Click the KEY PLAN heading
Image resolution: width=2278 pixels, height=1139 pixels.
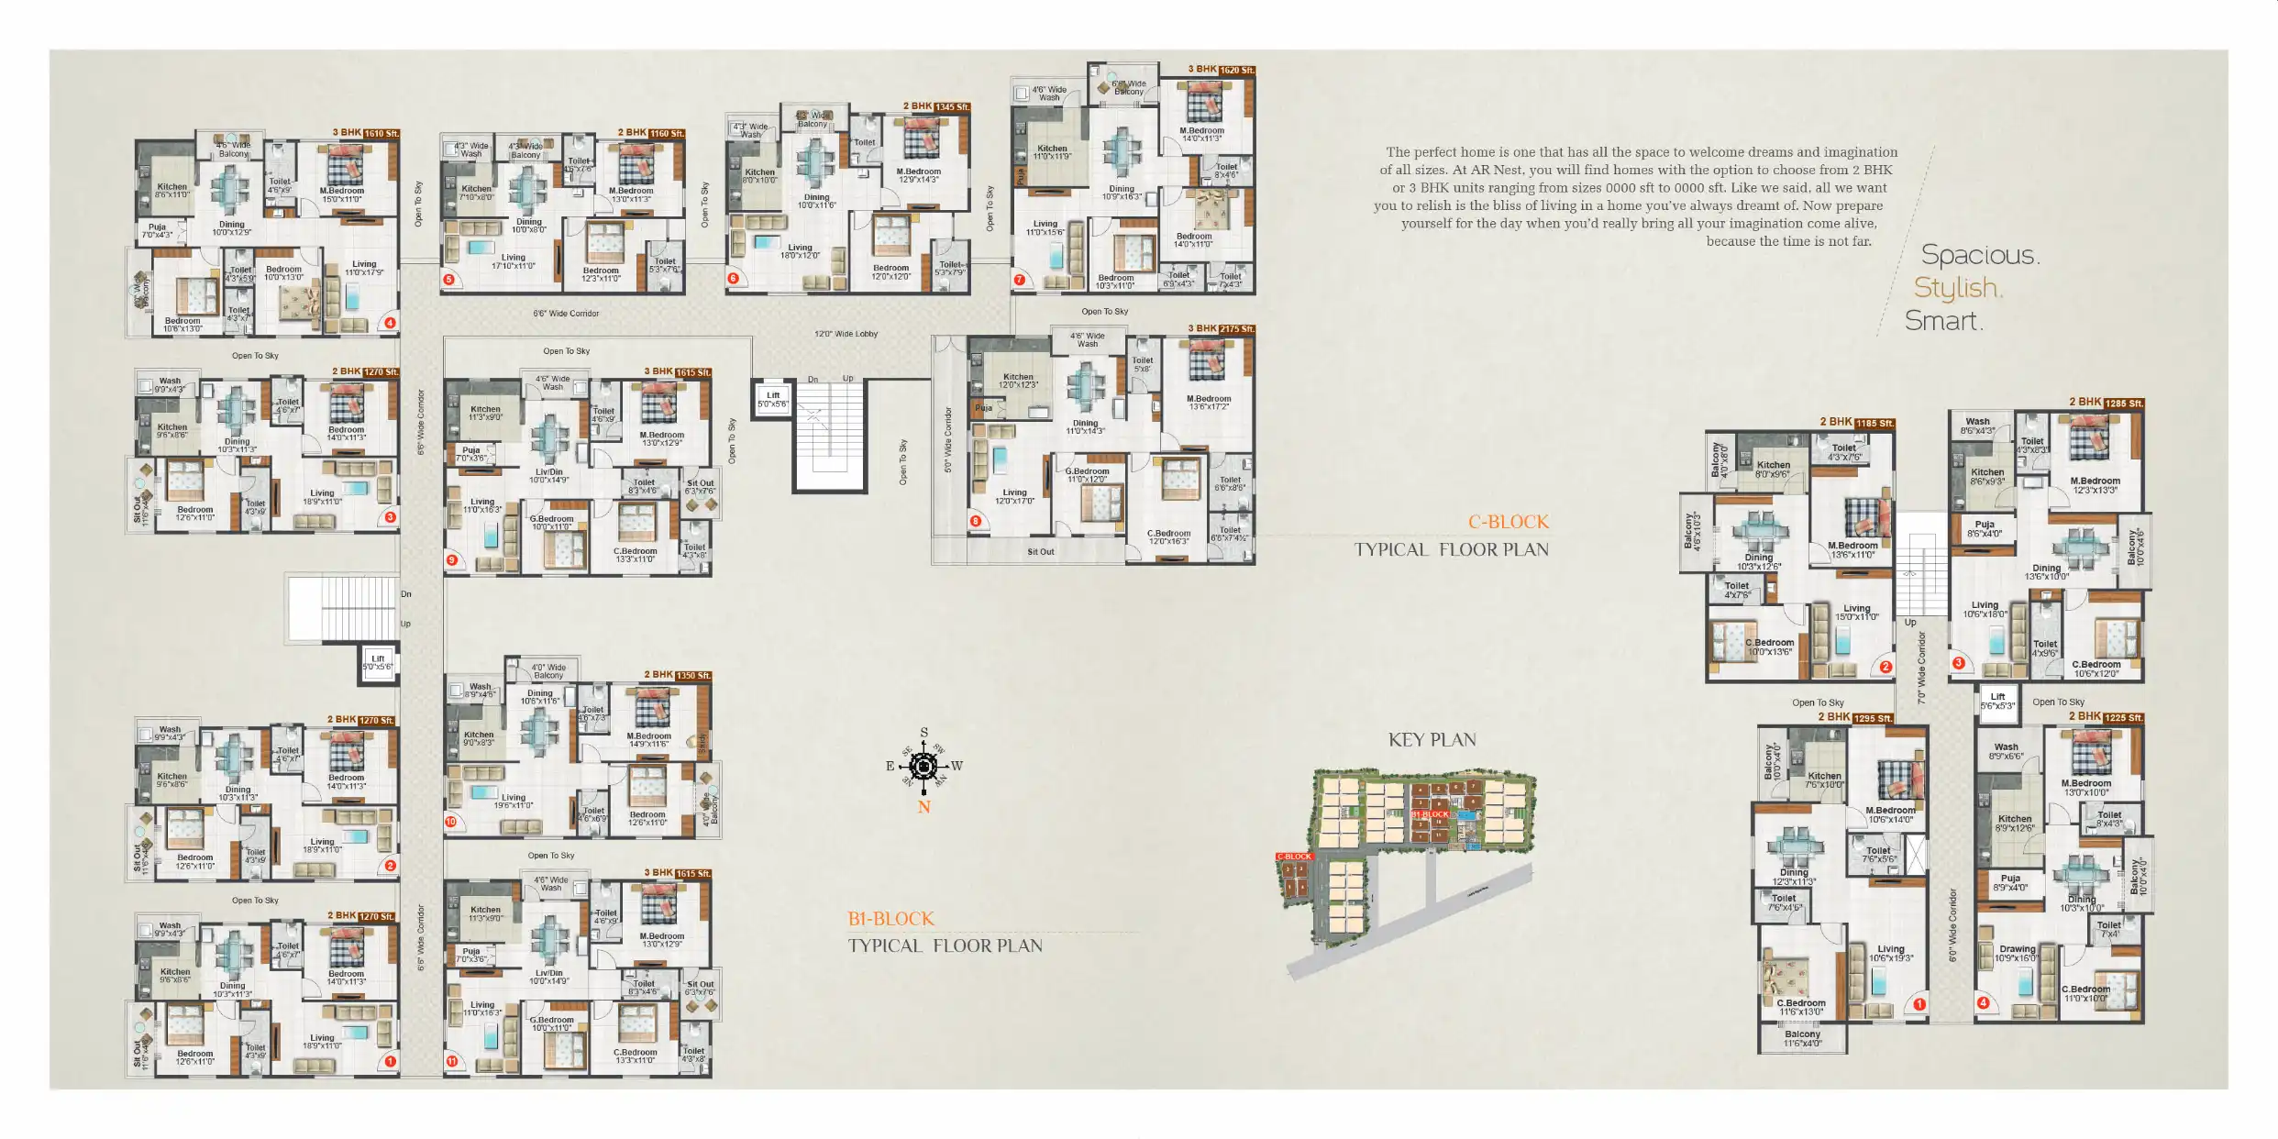coord(1432,740)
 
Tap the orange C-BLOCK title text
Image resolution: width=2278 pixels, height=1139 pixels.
coord(1508,522)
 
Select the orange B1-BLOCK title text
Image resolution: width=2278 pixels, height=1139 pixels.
coord(890,919)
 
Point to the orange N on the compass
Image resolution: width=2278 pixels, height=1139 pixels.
coord(923,808)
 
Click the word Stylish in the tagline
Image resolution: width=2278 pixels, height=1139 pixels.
coord(1957,288)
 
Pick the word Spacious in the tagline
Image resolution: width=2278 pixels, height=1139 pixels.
coord(1979,255)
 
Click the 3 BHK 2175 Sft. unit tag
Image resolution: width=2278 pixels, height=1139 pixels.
coord(1221,328)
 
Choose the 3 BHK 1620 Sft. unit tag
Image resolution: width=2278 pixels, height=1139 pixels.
coord(1221,70)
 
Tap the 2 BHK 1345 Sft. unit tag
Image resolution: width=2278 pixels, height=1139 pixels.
coord(935,106)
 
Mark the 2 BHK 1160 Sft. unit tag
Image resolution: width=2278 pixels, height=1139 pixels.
coord(650,133)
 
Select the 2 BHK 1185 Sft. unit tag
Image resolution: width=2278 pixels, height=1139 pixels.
coord(1856,423)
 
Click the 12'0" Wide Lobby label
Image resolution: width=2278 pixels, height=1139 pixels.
coord(846,334)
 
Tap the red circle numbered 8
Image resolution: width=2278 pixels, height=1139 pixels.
coord(976,521)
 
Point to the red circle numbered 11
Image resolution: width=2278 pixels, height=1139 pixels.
coord(451,1061)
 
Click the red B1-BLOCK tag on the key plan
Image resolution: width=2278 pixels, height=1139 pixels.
coord(1430,814)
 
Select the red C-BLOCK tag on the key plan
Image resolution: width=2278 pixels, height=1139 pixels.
coord(1294,857)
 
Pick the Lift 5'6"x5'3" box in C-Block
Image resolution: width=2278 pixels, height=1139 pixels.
coord(1997,701)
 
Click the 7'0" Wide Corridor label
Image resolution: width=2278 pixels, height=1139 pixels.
coord(1921,667)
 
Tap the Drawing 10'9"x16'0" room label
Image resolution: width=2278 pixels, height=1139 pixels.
coord(2016,954)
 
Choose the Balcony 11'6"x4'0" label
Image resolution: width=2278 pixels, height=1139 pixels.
coord(1802,1038)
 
